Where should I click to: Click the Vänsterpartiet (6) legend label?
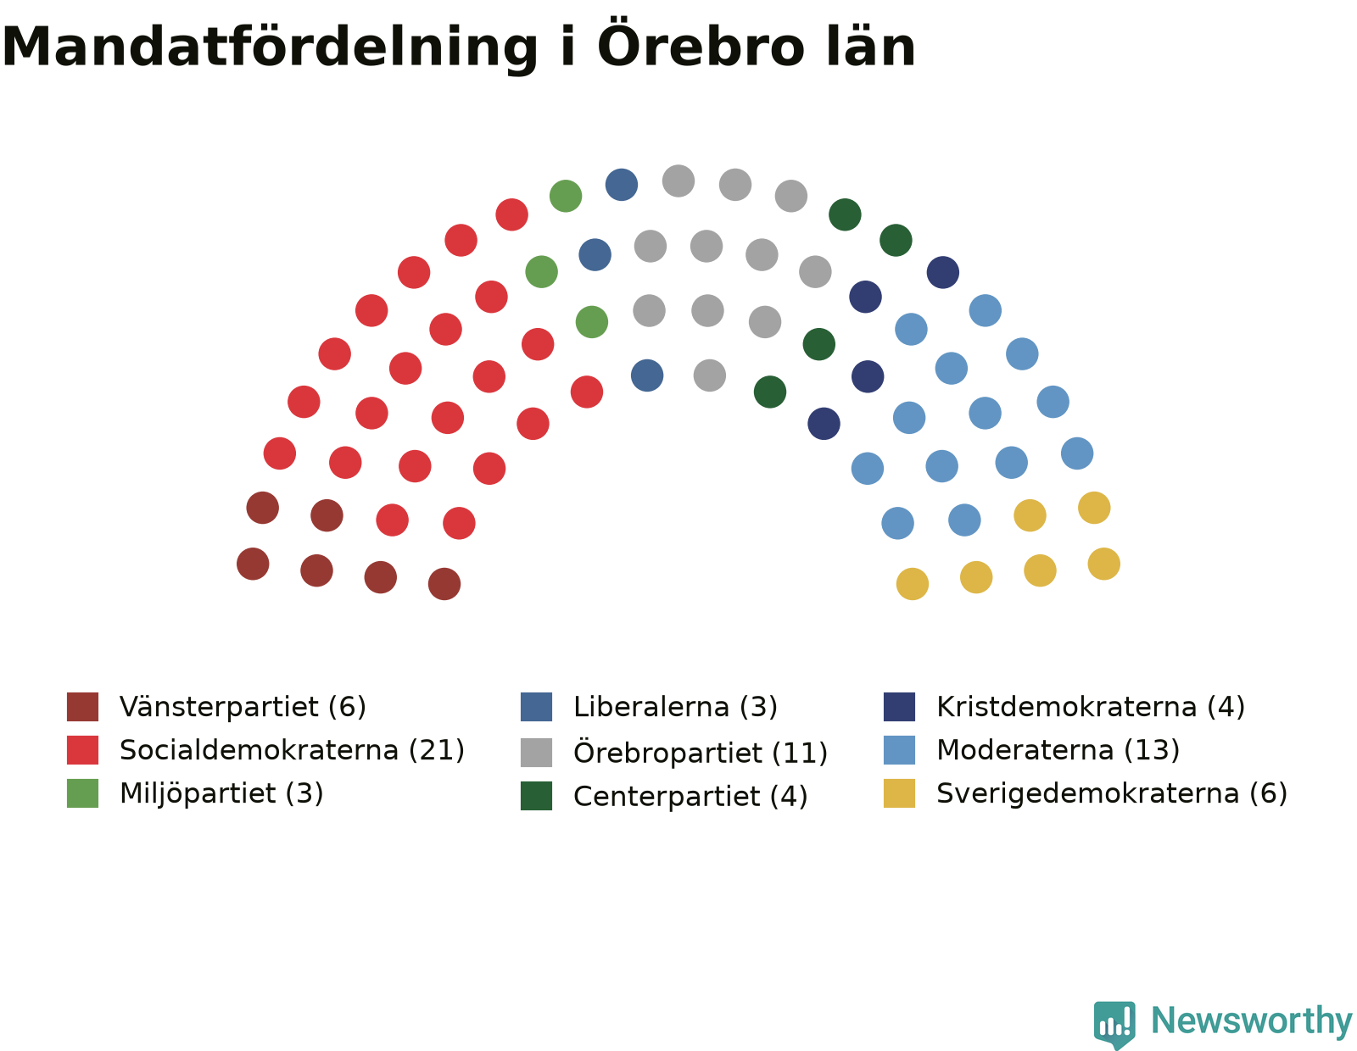click(243, 707)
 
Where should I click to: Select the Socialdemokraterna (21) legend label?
click(292, 749)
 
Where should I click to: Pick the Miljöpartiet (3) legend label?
click(221, 792)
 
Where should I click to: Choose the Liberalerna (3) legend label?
click(675, 707)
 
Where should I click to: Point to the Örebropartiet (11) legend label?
click(700, 752)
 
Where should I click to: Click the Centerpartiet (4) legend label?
click(690, 796)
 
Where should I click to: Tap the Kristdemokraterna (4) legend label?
click(1091, 707)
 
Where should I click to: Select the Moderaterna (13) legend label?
click(1058, 749)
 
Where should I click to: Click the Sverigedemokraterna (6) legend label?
click(1112, 792)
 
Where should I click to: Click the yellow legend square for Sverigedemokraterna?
click(899, 793)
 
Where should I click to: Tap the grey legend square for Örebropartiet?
click(536, 752)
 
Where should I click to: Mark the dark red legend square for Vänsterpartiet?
click(82, 707)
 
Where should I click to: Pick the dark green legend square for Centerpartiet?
click(536, 796)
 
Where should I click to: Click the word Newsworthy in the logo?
click(1251, 1020)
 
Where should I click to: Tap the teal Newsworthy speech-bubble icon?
click(1114, 1024)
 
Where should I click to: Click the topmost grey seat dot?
click(678, 181)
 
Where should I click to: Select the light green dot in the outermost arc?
click(565, 196)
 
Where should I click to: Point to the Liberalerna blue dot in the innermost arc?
click(647, 375)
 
